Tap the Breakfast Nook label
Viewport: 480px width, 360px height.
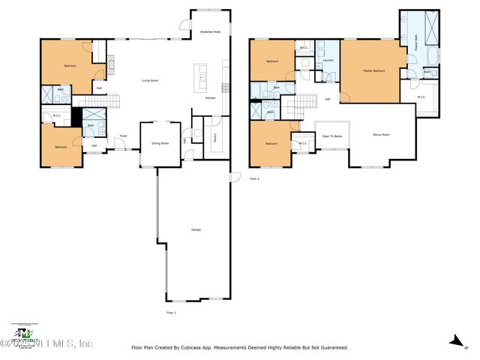(210, 31)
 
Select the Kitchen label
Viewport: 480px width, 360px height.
(211, 97)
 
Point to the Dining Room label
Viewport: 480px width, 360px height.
(160, 142)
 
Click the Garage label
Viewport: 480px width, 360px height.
(196, 229)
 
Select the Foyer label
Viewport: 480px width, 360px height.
(123, 136)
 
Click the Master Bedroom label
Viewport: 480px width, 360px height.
(373, 70)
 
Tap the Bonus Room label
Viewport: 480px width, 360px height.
(382, 135)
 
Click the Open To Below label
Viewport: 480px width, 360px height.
(332, 136)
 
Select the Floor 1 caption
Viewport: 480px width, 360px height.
(171, 312)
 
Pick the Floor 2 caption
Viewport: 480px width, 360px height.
(253, 178)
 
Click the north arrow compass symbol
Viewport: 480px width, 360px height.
(453, 341)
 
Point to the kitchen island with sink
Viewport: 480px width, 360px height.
(202, 76)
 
